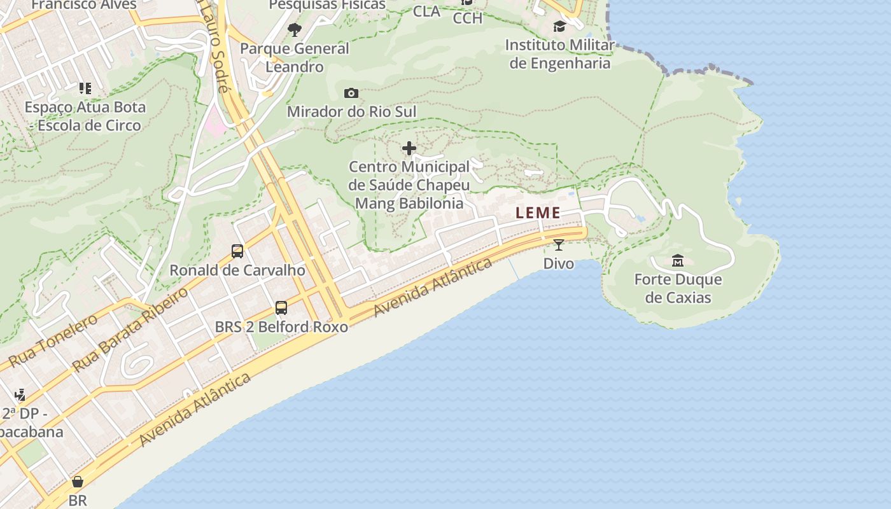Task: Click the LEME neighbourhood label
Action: tap(538, 213)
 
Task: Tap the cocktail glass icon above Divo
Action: tap(558, 245)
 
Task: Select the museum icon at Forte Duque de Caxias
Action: tap(678, 261)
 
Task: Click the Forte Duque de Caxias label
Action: tap(678, 288)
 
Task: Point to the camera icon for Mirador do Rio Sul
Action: tap(351, 94)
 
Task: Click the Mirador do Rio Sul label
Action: tap(351, 112)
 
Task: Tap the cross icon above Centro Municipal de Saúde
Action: tap(409, 149)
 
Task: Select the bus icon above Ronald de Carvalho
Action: tap(237, 251)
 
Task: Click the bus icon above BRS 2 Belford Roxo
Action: tap(281, 309)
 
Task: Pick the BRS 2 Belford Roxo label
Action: tap(281, 327)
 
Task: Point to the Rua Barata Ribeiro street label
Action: tap(130, 330)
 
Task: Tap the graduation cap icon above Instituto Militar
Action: tap(559, 27)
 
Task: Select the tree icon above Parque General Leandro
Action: tap(294, 29)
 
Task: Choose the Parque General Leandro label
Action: tap(295, 57)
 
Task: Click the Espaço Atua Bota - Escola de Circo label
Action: tap(85, 116)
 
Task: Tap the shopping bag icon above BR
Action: tap(78, 482)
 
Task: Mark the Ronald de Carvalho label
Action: tap(237, 270)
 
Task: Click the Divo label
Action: tap(558, 263)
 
